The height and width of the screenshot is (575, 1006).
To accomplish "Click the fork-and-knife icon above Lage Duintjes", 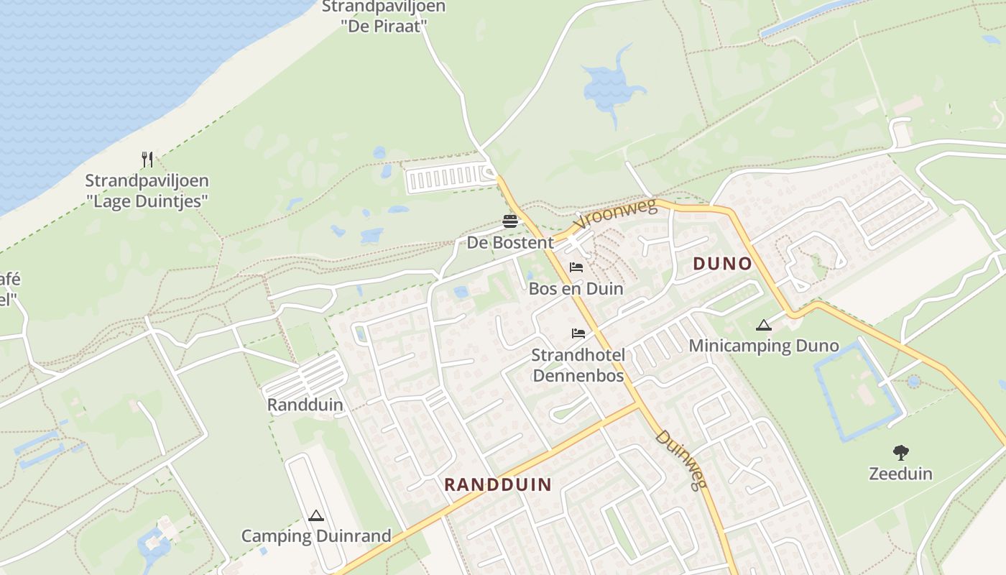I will (147, 159).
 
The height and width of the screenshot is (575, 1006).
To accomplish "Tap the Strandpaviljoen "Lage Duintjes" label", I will (147, 190).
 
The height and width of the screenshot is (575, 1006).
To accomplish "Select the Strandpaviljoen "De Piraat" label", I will (384, 16).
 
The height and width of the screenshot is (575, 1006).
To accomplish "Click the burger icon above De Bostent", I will (510, 221).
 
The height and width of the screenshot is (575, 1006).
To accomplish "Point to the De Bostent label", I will (510, 243).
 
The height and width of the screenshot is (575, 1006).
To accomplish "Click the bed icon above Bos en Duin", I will (576, 268).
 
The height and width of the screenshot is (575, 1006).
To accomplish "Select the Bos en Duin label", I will (576, 289).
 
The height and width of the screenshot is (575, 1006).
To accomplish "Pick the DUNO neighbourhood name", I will (722, 264).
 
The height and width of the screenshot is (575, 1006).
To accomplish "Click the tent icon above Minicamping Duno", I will (763, 325).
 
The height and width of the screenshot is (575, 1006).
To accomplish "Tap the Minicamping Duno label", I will (763, 346).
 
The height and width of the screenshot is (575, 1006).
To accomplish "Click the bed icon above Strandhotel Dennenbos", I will (578, 333).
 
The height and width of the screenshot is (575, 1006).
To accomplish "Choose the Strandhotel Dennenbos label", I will (578, 365).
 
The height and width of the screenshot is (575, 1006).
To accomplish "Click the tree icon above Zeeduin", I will (900, 452).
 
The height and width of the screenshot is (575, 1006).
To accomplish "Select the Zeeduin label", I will (900, 474).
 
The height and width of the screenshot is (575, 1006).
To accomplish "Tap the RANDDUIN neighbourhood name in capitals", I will (497, 484).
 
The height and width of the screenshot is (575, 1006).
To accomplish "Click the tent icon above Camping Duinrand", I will (315, 515).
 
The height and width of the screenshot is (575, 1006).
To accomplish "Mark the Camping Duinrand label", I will (315, 536).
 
